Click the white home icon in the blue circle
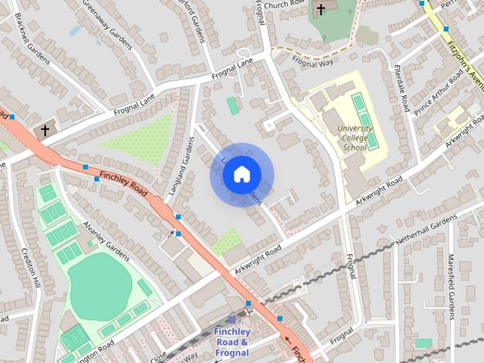(241, 175)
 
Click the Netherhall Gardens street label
(427, 229)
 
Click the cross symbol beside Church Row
(321, 9)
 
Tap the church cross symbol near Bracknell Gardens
(45, 130)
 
